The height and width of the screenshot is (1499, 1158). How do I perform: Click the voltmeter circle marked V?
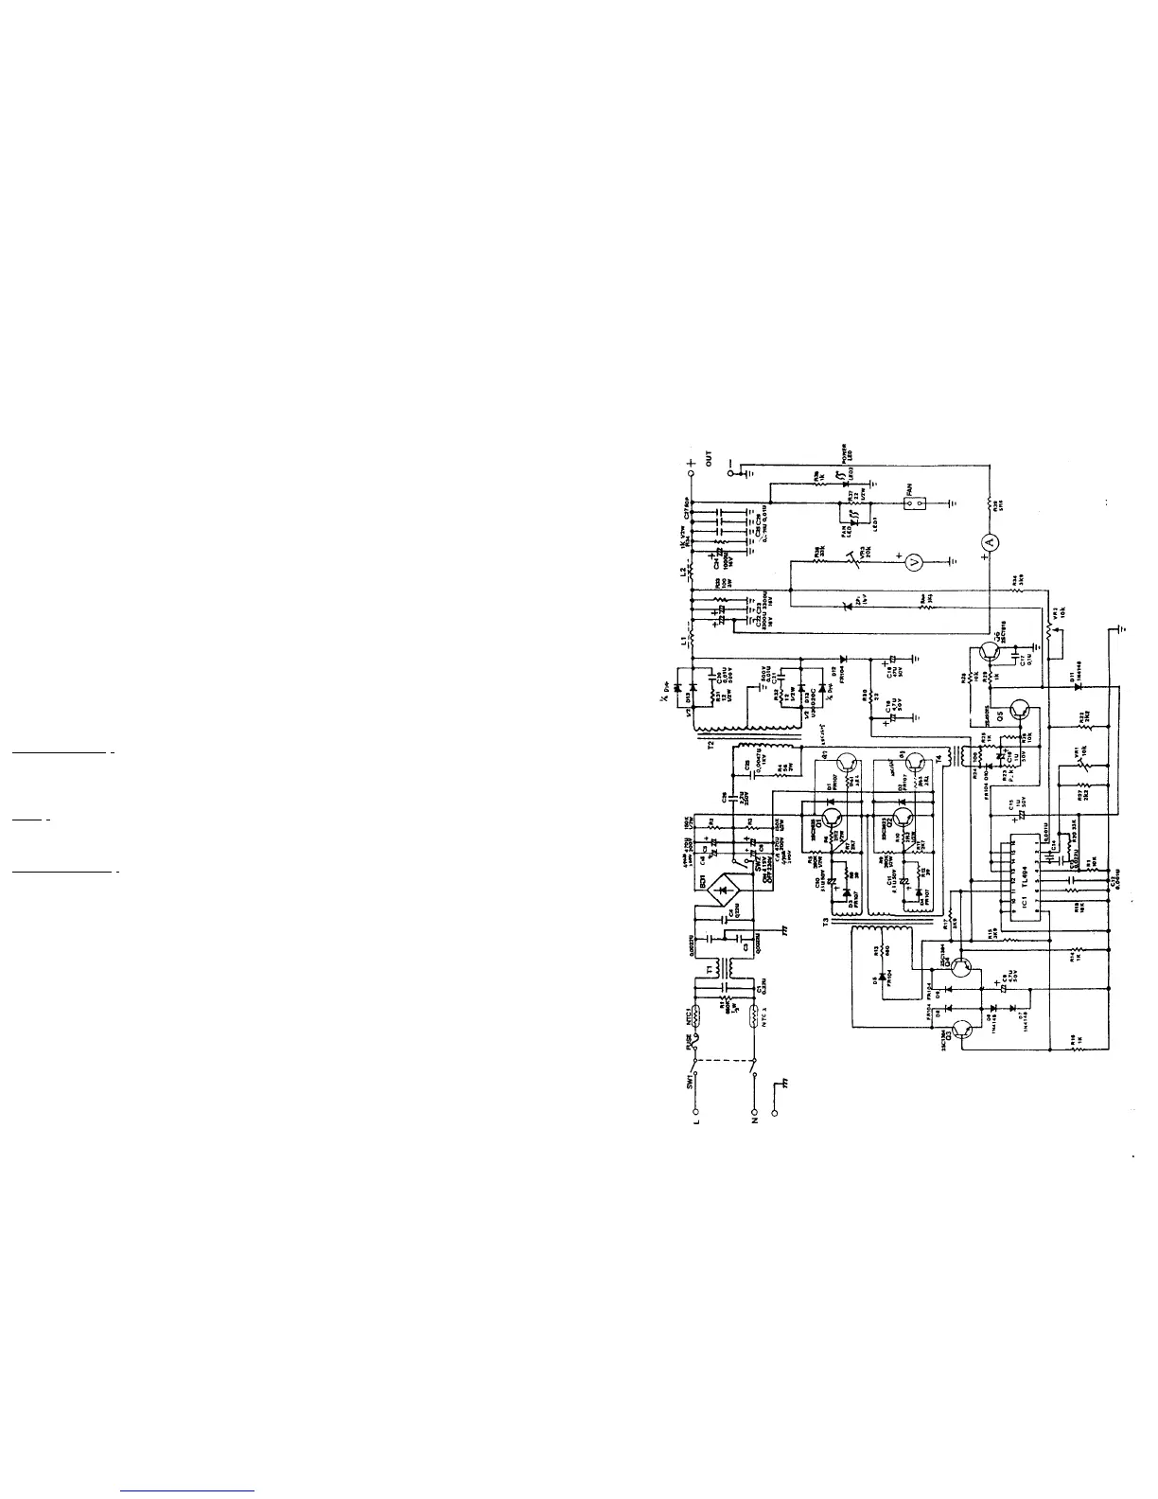914,562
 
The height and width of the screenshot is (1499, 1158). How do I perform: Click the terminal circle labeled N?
754,1113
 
